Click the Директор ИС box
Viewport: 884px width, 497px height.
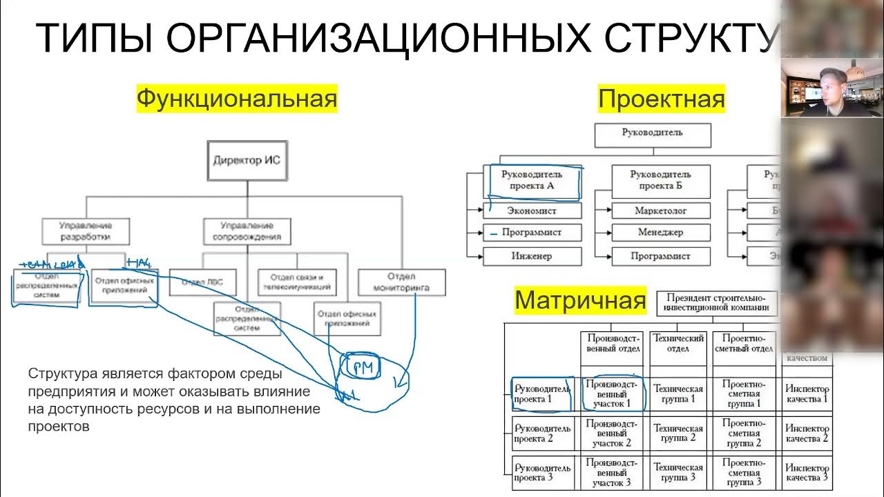(x=247, y=161)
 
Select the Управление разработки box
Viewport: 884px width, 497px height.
(x=86, y=231)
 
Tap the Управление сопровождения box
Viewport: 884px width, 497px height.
(x=247, y=231)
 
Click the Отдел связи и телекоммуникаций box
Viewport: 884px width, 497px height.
(x=297, y=282)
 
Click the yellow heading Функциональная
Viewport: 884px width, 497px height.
(x=236, y=99)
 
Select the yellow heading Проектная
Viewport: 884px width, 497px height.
(x=661, y=99)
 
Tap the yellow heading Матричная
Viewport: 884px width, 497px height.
(x=580, y=300)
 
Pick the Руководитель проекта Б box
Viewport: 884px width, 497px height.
(x=660, y=180)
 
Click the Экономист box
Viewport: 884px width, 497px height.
(x=531, y=211)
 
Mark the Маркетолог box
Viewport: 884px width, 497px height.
(x=660, y=211)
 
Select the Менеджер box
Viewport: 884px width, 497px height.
(x=660, y=233)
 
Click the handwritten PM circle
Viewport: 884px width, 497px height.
(x=363, y=369)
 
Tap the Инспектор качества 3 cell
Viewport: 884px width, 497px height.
(x=806, y=473)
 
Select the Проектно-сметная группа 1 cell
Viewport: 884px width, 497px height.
(x=744, y=393)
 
